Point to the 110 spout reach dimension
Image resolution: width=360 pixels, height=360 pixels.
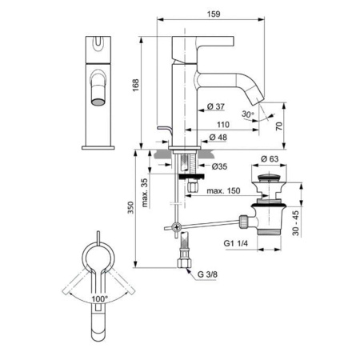(225, 125)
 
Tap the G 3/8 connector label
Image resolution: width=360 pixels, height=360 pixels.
(206, 276)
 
